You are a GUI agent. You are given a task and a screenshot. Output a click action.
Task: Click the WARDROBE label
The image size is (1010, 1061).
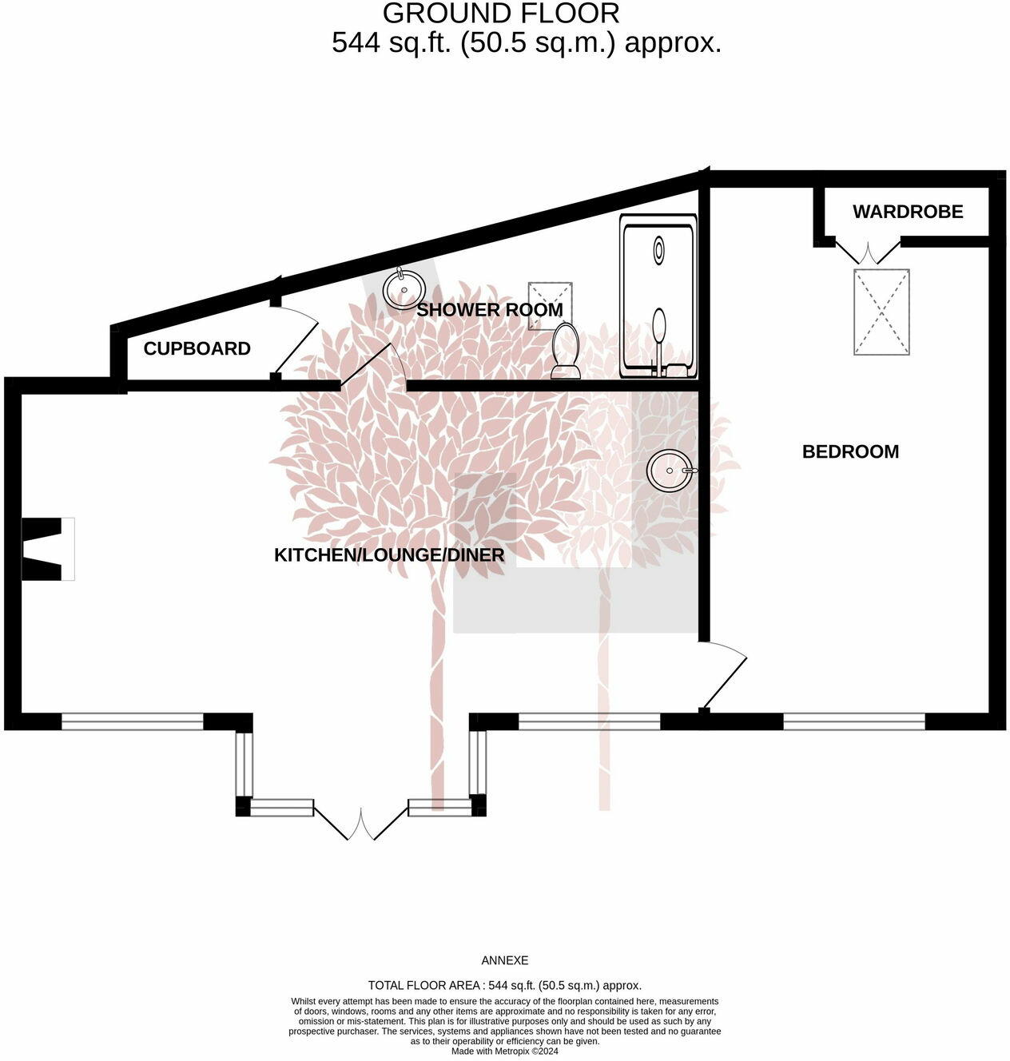[x=908, y=212]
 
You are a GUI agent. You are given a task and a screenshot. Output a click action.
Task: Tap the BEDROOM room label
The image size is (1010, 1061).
[x=850, y=451]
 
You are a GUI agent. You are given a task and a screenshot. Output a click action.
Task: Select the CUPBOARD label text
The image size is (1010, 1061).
[x=197, y=348]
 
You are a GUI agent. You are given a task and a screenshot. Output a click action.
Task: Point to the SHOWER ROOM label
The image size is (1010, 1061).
[x=489, y=309]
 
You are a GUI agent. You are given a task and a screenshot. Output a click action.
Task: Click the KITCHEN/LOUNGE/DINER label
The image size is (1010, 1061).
[x=389, y=554]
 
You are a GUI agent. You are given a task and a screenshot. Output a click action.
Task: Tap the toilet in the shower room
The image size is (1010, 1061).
[x=567, y=351]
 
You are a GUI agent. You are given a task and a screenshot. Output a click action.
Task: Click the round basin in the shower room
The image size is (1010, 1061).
[x=404, y=288]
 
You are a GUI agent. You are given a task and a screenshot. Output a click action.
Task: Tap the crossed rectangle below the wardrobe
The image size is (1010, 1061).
[x=881, y=312]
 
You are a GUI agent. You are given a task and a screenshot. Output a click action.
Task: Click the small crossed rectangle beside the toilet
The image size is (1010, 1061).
[x=550, y=304]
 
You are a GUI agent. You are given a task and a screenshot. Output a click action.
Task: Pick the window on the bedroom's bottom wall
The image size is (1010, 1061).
[x=853, y=721]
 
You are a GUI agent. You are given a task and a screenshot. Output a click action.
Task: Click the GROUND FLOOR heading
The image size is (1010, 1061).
[x=501, y=14]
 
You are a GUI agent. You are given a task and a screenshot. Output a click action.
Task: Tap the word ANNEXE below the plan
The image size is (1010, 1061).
[x=504, y=960]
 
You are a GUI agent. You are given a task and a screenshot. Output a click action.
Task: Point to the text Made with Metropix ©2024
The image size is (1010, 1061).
[x=504, y=1051]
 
